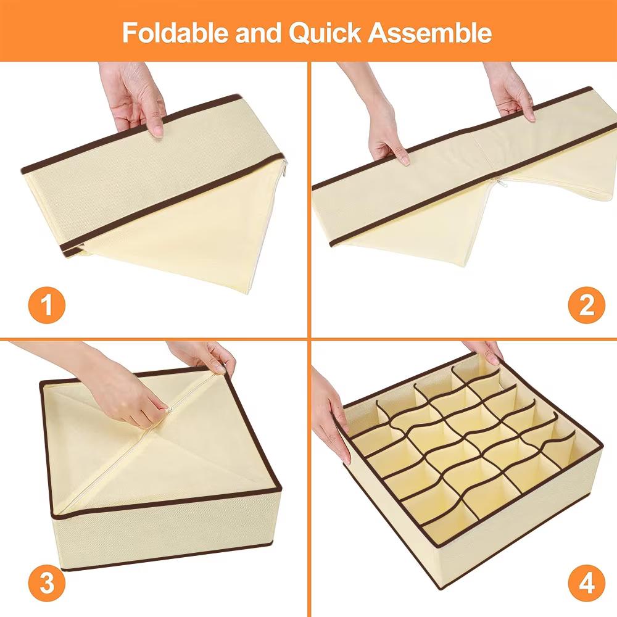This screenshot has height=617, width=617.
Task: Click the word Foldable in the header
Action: (175, 32)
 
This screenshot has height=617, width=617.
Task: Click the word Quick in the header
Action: (325, 33)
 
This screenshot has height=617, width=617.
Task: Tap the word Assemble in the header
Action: (429, 32)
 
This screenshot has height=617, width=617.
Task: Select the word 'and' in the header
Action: (258, 32)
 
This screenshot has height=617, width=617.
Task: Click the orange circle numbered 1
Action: (47, 305)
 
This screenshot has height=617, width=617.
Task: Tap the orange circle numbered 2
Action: (586, 305)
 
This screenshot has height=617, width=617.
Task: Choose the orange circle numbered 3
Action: (47, 583)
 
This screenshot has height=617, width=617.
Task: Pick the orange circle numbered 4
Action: (586, 583)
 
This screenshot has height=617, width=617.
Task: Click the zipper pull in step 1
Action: (284, 168)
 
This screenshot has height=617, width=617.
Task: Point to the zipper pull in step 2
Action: (498, 183)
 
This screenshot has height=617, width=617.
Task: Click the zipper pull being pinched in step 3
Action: (170, 410)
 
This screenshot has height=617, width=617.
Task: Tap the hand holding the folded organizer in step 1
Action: (133, 98)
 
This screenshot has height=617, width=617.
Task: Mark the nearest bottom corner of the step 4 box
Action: (439, 589)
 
